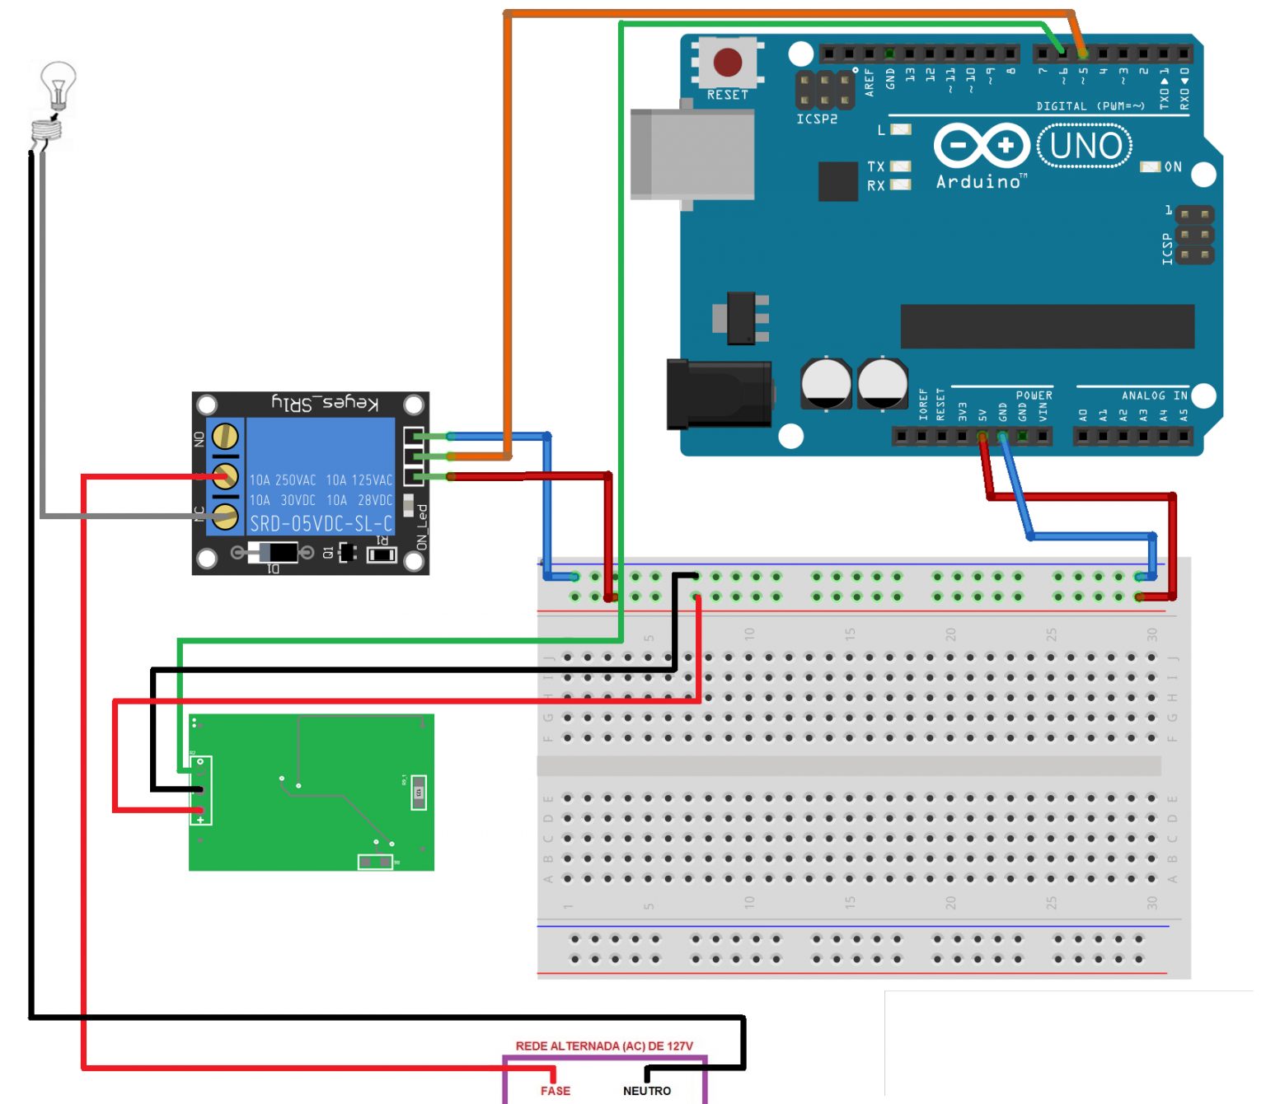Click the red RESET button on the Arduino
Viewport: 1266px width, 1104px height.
pos(727,62)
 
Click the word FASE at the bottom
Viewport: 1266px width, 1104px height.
pos(556,1091)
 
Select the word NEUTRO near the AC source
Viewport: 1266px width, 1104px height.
pos(647,1091)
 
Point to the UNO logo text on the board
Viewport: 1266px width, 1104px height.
pos(1085,147)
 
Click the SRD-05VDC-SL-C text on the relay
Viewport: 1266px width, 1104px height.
pos(321,524)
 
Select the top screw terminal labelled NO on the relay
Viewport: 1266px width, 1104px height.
pos(225,436)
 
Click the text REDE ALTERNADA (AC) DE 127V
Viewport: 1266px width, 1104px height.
pos(604,1046)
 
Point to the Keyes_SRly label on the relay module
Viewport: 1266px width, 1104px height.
pos(326,403)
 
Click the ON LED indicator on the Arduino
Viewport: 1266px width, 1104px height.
pos(1150,167)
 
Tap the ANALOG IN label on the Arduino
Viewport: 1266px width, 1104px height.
pos(1154,396)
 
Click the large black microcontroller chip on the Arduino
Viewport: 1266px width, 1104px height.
pos(1047,326)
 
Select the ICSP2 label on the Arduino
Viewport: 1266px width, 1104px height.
pos(817,119)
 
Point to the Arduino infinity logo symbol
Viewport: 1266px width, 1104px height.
pos(982,147)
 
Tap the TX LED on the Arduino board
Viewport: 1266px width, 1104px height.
pos(900,166)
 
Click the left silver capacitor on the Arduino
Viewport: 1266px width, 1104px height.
pos(826,383)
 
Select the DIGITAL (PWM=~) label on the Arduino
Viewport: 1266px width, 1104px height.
pos(1090,106)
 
